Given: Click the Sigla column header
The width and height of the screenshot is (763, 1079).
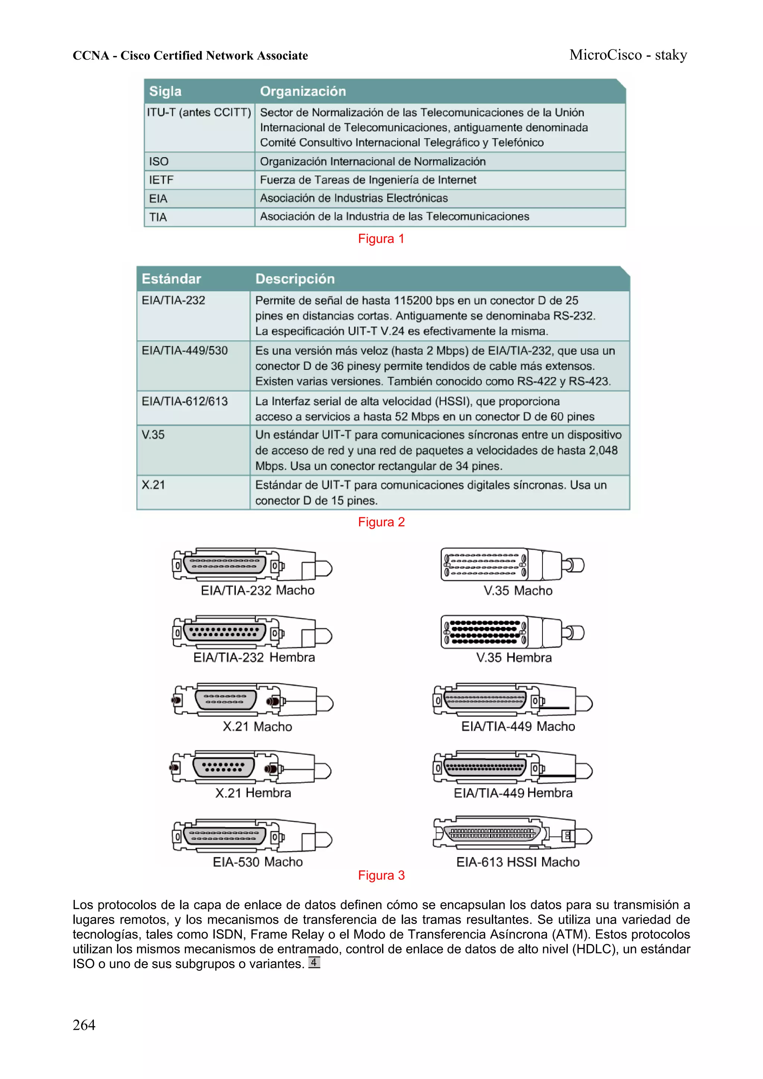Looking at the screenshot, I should tap(165, 91).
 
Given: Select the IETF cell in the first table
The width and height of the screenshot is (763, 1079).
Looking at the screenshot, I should tap(161, 180).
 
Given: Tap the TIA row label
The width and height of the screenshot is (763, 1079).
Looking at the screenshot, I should tap(158, 217).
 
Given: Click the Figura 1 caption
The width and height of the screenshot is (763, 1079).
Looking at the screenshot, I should tap(381, 239).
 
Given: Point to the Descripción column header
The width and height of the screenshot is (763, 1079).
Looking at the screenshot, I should tap(295, 279).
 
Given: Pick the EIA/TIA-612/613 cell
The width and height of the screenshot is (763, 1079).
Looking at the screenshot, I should tap(184, 402).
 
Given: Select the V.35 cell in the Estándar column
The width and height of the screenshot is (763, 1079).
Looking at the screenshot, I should tap(153, 435).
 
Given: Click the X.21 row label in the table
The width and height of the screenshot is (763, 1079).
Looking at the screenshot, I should tap(153, 485).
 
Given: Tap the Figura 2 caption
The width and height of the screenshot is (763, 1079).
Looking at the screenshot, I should tap(381, 522).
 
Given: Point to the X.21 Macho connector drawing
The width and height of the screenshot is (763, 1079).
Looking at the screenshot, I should tap(253, 700).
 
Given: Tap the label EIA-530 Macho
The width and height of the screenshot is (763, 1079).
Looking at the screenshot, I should tap(257, 862).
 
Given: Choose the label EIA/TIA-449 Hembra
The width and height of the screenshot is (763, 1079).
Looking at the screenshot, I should tap(513, 793).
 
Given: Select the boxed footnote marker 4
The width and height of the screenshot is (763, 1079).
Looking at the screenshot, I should tap(314, 962).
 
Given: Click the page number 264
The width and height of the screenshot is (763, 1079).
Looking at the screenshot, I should tap(84, 1025).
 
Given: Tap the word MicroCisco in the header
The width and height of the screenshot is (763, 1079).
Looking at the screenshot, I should tap(605, 55).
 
